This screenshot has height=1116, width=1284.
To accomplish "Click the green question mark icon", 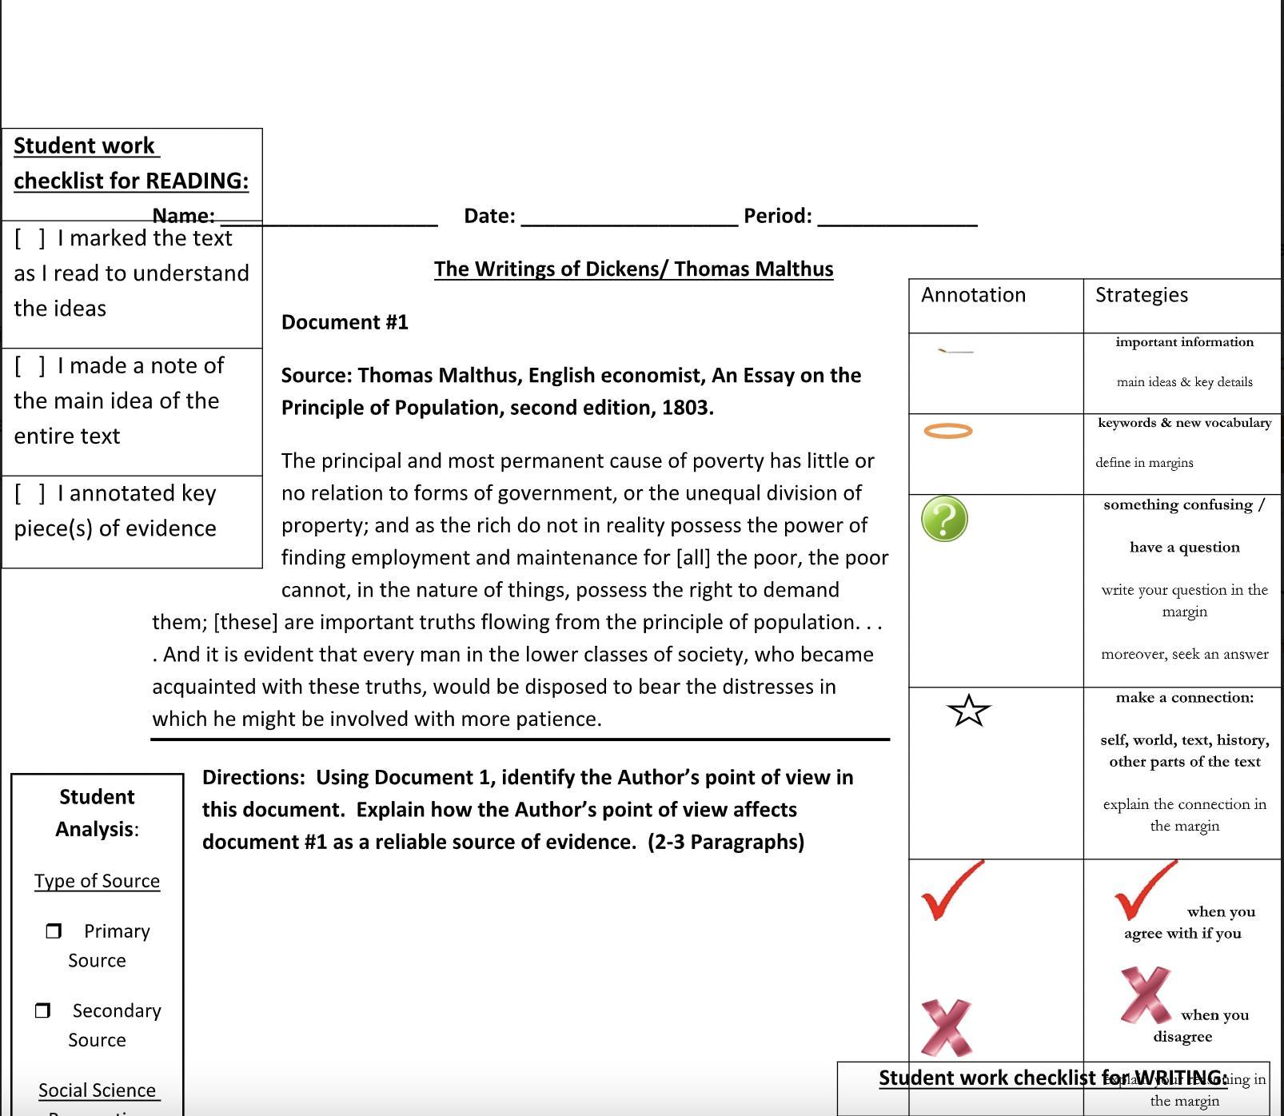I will click(944, 519).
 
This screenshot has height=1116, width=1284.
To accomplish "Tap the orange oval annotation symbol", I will click(947, 431).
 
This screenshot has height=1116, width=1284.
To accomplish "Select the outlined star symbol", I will click(968, 710).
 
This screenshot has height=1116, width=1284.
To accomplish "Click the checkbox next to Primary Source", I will click(54, 931).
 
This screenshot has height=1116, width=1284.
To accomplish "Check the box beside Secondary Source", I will click(43, 1010).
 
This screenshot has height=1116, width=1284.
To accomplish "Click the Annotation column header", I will click(973, 295).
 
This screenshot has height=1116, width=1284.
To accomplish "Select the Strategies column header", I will click(1141, 295).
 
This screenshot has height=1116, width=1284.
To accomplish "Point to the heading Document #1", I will click(345, 322).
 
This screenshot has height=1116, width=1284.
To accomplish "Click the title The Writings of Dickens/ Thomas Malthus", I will click(633, 269).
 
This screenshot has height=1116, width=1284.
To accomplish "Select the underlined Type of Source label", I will click(97, 881).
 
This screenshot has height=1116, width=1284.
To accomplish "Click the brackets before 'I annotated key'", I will click(30, 493).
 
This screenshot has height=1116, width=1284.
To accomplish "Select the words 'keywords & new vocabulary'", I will click(1184, 423).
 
